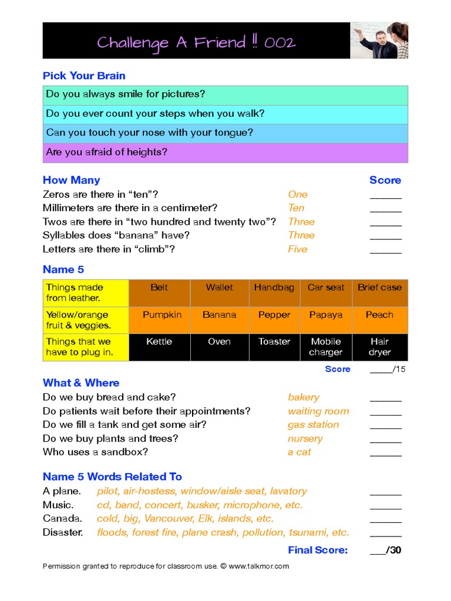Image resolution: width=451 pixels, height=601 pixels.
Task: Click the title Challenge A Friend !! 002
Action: point(196,43)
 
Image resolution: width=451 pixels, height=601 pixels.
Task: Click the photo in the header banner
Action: point(379,40)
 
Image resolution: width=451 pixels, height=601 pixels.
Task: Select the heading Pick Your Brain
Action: point(84,76)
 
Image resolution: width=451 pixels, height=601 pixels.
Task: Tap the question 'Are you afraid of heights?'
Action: point(107,152)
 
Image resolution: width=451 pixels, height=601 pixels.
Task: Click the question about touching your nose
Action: point(149,133)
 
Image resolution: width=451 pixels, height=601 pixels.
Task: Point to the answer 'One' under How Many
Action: point(298,194)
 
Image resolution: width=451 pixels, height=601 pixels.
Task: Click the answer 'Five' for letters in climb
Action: point(298,249)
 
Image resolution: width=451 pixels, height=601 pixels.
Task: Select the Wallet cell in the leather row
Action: point(219,288)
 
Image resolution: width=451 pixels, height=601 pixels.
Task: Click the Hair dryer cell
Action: point(379,347)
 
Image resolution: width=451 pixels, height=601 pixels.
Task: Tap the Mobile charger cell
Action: point(325,347)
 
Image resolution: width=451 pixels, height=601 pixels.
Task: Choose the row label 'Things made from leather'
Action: point(86,293)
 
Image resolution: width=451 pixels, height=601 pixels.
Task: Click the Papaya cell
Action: point(325,315)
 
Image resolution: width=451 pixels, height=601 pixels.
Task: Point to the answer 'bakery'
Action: point(304,397)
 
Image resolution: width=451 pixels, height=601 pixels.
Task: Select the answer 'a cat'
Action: point(299,452)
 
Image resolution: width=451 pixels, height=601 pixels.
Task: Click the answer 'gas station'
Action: point(313,424)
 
